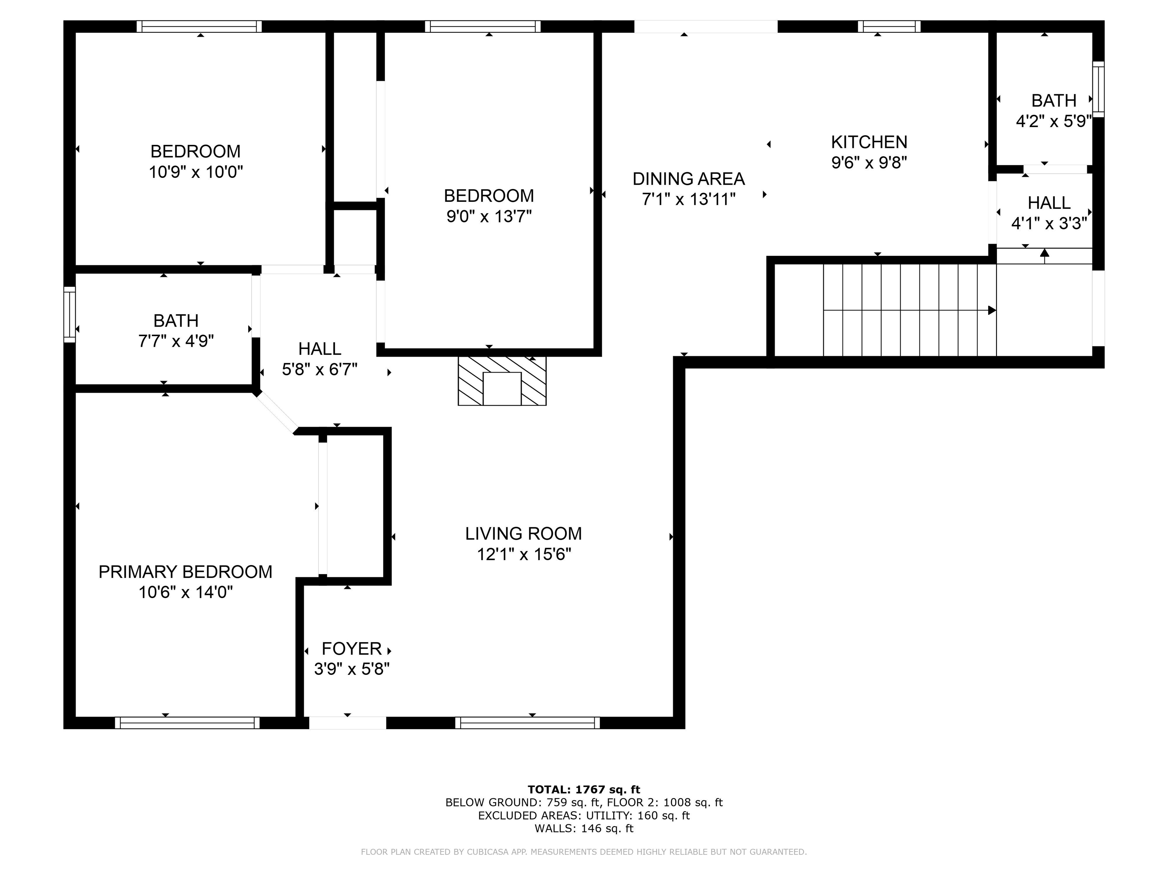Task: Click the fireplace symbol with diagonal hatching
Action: [x=501, y=381]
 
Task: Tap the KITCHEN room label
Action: [x=869, y=142]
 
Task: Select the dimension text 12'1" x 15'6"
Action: [x=524, y=554]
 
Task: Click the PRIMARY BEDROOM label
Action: [x=185, y=572]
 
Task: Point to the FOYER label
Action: [x=351, y=648]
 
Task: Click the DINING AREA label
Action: [x=689, y=179]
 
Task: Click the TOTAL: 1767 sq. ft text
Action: [x=584, y=789]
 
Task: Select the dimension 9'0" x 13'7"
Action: [x=489, y=216]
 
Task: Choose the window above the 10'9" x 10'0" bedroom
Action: [x=199, y=26]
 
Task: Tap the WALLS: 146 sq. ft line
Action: [x=584, y=828]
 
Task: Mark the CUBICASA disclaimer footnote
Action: [x=584, y=852]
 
